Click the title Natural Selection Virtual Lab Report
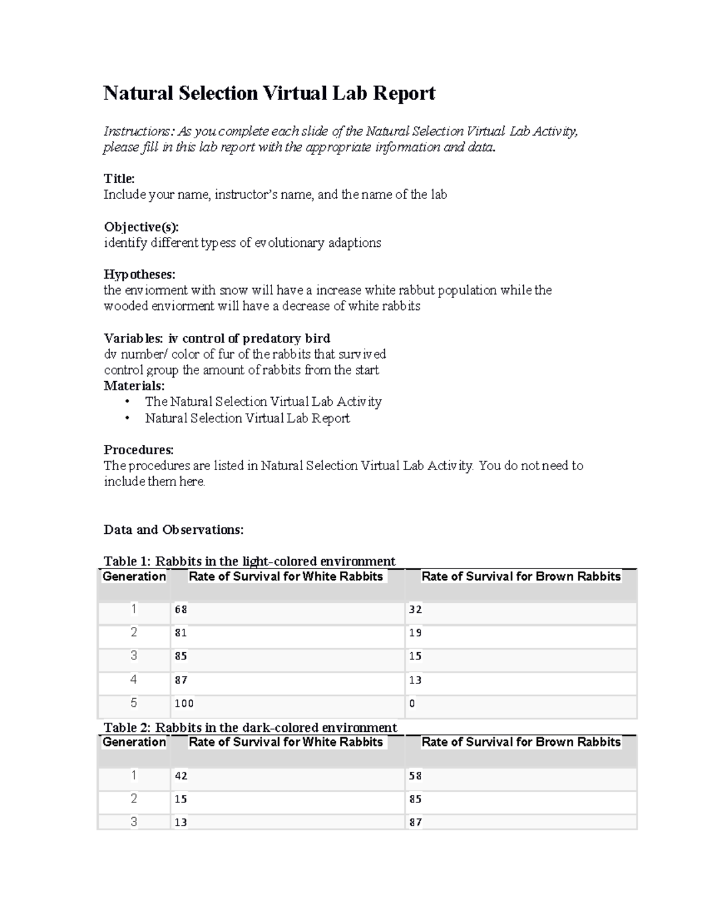point(269,93)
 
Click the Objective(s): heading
point(141,227)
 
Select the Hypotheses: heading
point(140,275)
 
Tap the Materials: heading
point(134,386)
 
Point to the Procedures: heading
point(138,450)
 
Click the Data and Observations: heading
point(173,530)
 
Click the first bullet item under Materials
point(263,402)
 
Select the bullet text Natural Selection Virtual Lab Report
point(247,418)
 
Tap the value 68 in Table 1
point(181,610)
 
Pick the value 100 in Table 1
point(184,703)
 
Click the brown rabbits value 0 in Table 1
point(412,703)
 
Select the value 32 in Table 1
point(415,610)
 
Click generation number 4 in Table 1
point(134,680)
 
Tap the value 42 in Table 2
point(181,776)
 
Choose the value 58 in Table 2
point(415,776)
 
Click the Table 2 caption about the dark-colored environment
point(250,728)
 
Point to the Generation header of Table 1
point(134,577)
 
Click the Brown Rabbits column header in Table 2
point(521,742)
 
